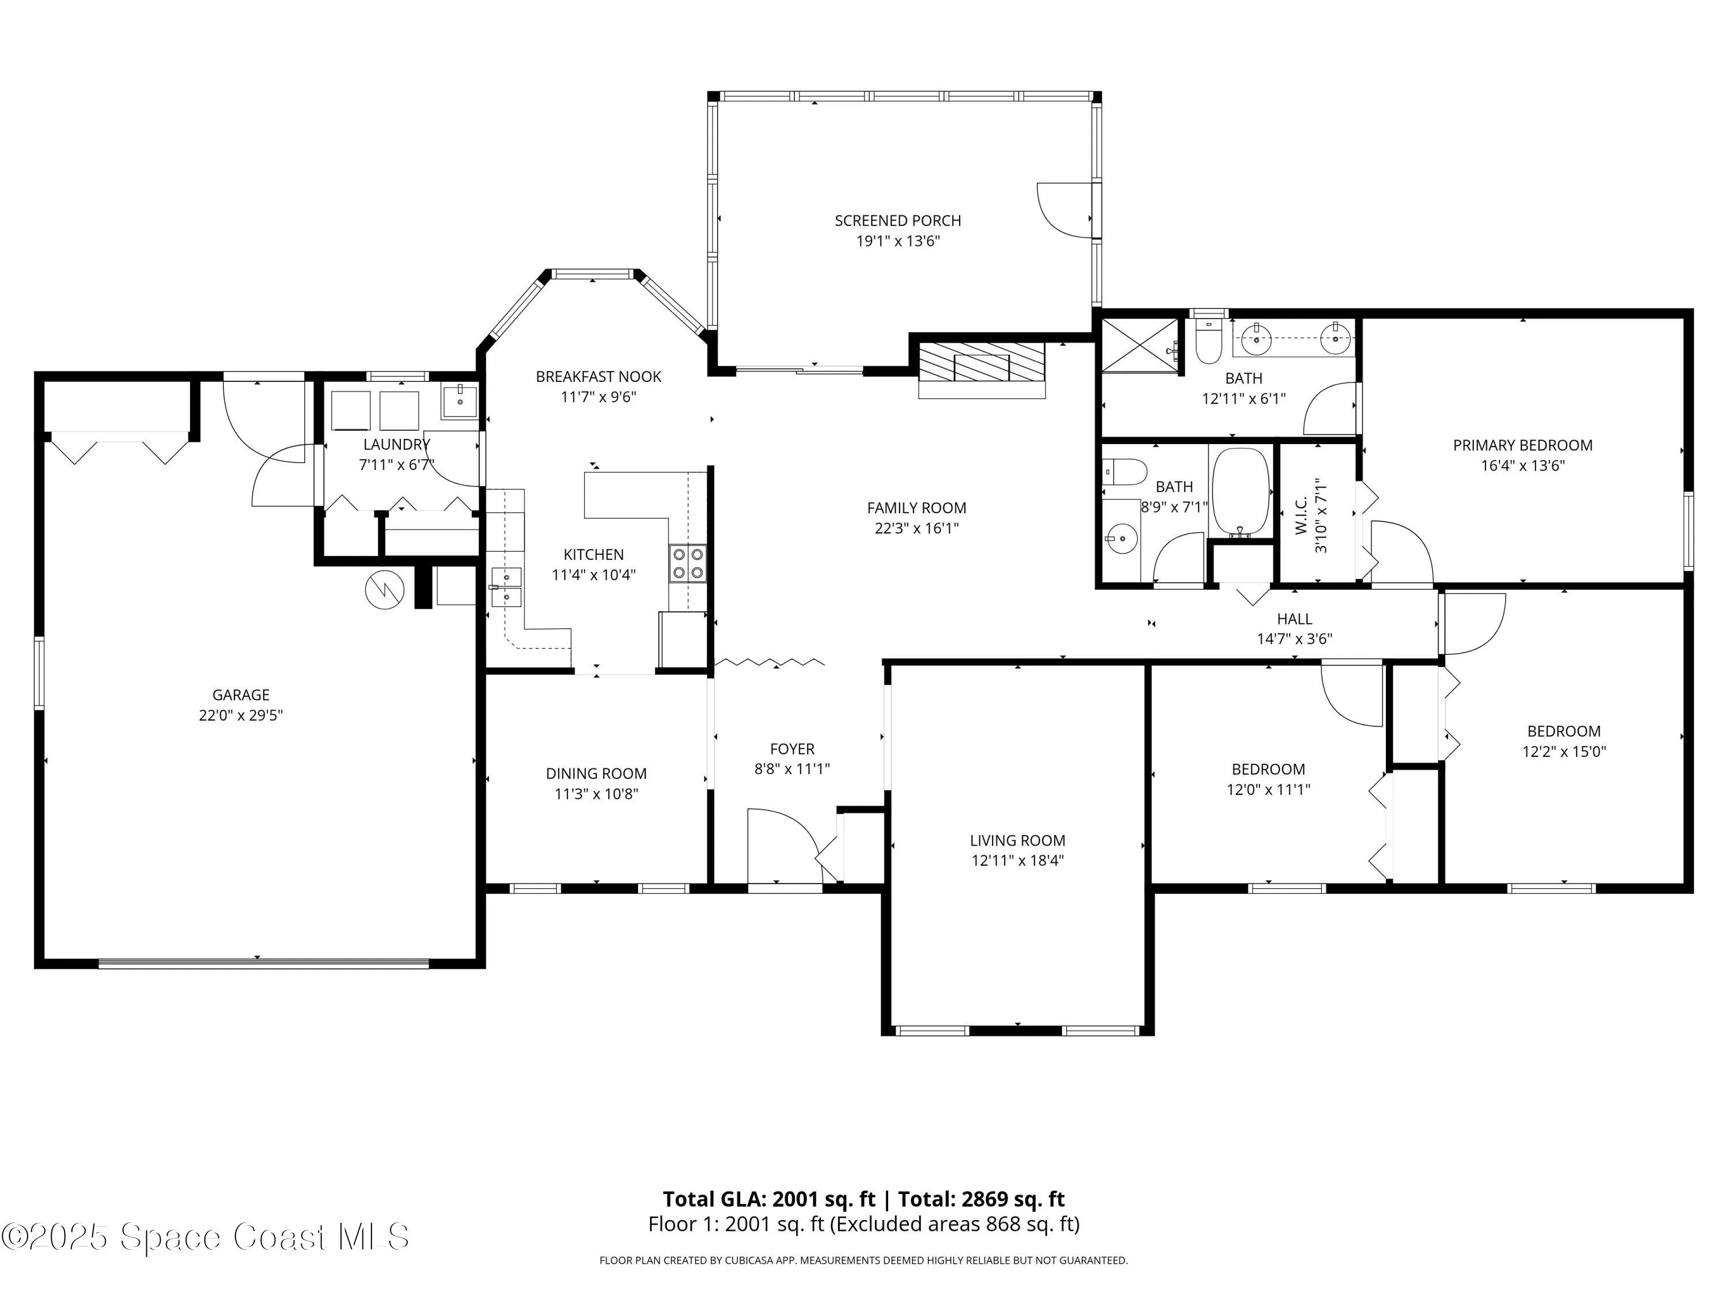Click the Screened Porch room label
tap(897, 221)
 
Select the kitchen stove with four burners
tap(687, 563)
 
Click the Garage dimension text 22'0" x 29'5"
tap(241, 715)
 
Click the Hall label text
tap(1294, 619)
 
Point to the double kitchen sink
tap(507, 588)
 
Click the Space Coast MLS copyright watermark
tap(204, 1237)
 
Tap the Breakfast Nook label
tap(598, 377)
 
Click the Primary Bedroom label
tap(1522, 445)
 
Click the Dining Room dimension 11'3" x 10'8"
tap(596, 794)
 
